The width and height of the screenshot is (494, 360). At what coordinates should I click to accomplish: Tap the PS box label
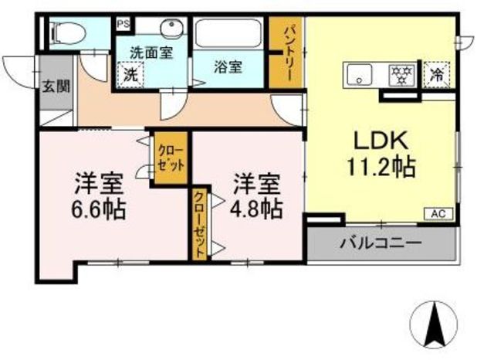coord(123,25)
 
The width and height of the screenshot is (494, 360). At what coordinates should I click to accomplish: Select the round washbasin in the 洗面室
coord(171,28)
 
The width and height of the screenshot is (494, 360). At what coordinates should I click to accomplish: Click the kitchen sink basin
coord(359,75)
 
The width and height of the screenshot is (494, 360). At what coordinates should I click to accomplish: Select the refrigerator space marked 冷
coord(437,74)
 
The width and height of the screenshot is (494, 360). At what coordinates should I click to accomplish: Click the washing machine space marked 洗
coord(130,75)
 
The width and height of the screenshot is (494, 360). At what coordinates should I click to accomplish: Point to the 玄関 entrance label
coord(56,86)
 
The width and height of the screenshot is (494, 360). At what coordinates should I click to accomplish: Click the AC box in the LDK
coord(438,214)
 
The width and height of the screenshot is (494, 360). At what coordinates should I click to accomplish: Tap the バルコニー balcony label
coord(381,243)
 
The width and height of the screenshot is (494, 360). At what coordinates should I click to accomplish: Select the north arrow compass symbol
coord(433,324)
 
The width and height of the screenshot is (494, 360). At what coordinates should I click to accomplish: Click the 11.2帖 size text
coord(381,167)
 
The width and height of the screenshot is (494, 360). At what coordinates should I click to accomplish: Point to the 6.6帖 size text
coord(99,209)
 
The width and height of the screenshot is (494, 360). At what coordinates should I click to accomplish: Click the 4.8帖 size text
coord(256,209)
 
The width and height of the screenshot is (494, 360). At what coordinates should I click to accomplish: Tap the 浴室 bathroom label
coord(228,67)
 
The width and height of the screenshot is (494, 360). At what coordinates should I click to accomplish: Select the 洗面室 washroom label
coord(151,53)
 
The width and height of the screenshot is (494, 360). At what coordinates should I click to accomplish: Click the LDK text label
coord(381,141)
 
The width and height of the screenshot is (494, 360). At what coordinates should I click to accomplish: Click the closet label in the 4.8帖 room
coord(200,224)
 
